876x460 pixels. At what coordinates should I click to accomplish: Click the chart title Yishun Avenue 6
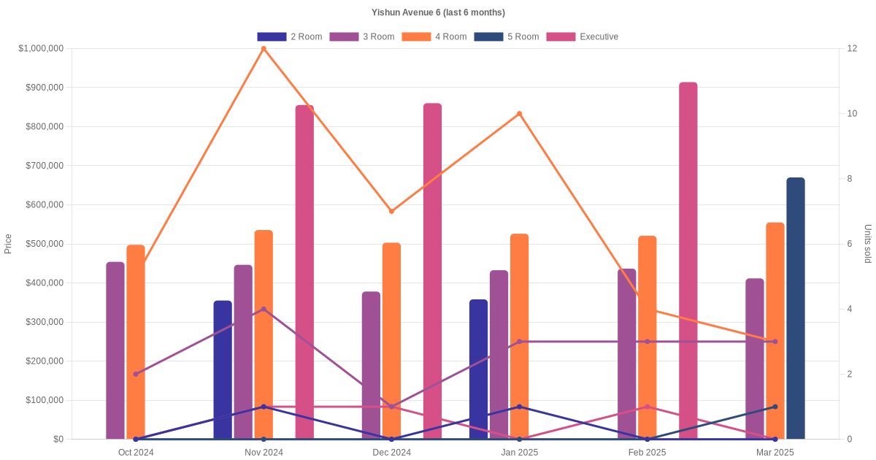point(438,12)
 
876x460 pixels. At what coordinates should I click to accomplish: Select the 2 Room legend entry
point(290,37)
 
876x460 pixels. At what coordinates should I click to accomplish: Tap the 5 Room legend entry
point(507,37)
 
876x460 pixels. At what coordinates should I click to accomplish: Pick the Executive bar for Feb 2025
point(688,261)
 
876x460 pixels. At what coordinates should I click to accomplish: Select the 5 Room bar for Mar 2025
point(795,308)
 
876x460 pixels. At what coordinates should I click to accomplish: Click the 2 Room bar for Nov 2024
point(223,369)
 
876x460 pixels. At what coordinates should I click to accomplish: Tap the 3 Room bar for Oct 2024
point(115,350)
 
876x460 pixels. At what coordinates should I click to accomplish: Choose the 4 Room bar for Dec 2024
point(391,341)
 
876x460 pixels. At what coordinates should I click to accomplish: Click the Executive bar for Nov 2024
point(304,272)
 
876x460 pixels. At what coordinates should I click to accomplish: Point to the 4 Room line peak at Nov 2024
point(264,49)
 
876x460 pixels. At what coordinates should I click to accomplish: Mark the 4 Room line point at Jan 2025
point(519,114)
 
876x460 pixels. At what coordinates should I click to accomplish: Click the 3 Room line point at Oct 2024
point(136,374)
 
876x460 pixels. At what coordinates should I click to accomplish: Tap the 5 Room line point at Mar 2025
point(775,407)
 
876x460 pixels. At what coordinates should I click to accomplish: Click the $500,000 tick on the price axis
point(45,244)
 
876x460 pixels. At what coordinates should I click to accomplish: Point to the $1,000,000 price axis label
point(41,49)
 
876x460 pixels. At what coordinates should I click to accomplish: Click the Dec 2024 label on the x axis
point(391,453)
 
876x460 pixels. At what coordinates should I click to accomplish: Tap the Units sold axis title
point(868,244)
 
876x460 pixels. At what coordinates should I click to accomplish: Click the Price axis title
point(8,244)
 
